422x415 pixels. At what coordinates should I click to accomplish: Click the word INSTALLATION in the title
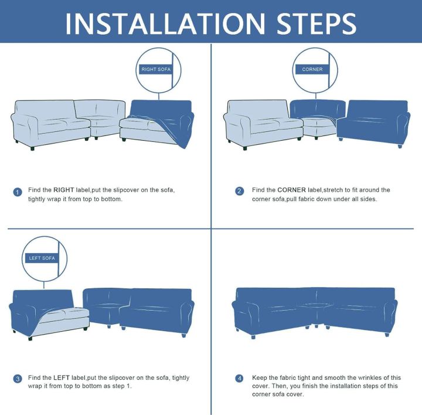(165, 23)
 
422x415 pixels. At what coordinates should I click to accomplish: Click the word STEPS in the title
(316, 23)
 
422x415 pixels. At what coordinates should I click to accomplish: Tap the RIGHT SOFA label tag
(156, 69)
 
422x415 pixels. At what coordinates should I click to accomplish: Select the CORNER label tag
(312, 69)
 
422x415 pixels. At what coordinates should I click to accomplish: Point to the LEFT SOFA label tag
(42, 258)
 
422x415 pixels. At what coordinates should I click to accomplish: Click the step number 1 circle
(18, 192)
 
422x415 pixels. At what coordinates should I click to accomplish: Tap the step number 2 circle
(240, 191)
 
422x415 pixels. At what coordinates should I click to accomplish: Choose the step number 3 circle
(18, 379)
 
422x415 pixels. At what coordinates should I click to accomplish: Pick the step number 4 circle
(240, 379)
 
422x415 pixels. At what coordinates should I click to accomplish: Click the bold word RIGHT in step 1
(63, 190)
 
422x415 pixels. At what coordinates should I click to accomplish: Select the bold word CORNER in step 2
(291, 190)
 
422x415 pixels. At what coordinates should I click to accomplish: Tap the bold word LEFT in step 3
(62, 377)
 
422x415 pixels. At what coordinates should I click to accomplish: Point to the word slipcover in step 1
(126, 190)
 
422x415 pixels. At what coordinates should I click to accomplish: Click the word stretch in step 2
(333, 190)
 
